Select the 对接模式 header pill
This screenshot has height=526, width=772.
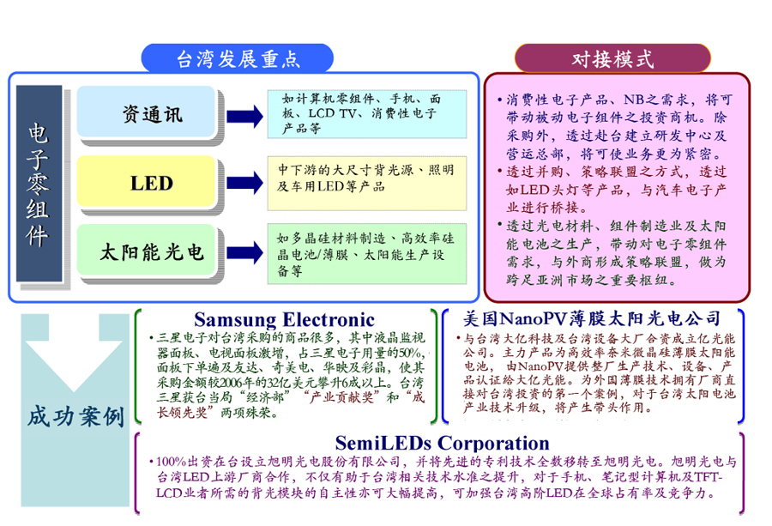point(612,58)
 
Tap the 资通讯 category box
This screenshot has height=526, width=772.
point(152,114)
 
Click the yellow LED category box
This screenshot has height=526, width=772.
point(152,182)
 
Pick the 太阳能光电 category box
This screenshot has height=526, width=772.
point(152,252)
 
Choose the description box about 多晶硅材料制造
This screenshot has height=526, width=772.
point(366,253)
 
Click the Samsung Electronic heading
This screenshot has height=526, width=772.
point(284,319)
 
